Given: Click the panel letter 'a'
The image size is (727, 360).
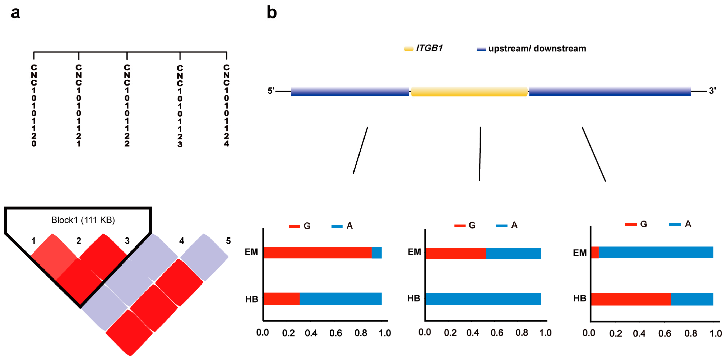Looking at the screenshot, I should point(15,13).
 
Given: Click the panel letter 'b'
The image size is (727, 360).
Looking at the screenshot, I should point(272,13).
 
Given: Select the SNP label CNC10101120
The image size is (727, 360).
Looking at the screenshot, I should point(34,106).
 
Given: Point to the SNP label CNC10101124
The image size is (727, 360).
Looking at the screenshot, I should point(226,106).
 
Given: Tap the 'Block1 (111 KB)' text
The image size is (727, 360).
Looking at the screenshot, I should point(83,220).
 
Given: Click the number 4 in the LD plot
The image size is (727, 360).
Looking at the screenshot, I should point(181,241).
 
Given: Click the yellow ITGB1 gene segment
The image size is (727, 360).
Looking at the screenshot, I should point(469,92).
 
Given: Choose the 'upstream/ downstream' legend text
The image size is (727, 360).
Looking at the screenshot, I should point(537,49).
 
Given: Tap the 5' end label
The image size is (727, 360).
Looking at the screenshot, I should point(271,91).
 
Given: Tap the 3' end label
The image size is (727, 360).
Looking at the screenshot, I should point(712,91).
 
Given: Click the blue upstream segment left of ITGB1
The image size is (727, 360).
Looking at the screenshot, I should point(350,92).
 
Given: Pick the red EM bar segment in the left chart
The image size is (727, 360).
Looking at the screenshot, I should point(317,253).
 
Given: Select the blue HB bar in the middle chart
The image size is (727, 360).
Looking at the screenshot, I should point(483,299).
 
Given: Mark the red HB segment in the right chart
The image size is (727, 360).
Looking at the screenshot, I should point(630,299).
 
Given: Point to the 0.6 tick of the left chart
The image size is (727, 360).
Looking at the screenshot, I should point(335,333).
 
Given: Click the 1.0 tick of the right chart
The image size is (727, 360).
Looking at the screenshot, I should point(716,334).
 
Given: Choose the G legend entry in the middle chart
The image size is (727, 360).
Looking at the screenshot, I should point(472,225).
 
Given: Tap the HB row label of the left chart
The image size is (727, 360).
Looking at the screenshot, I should point(251,299).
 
